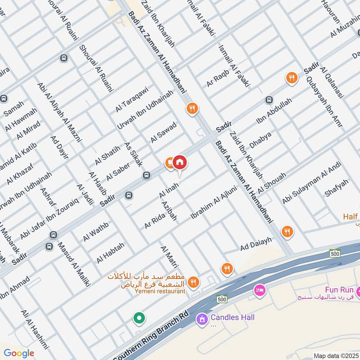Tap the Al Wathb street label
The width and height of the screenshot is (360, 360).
tap(96, 229)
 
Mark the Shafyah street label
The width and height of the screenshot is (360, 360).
tap(337, 188)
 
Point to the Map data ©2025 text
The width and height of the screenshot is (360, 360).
tap(335, 355)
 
